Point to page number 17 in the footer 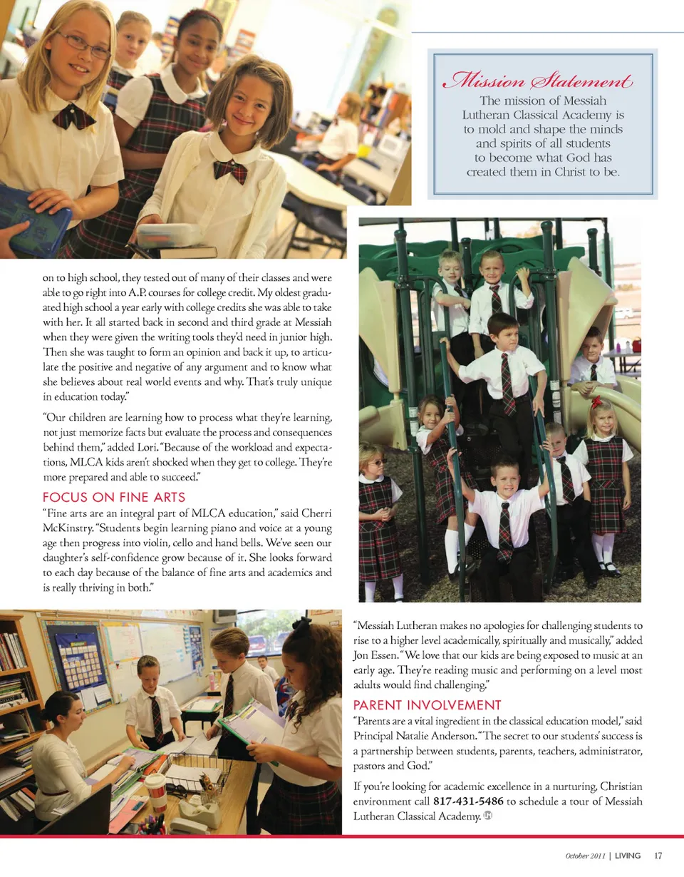tap(658, 856)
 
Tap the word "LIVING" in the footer tap(627, 856)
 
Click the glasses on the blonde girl tap(83, 45)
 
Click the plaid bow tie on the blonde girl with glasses tap(73, 116)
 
